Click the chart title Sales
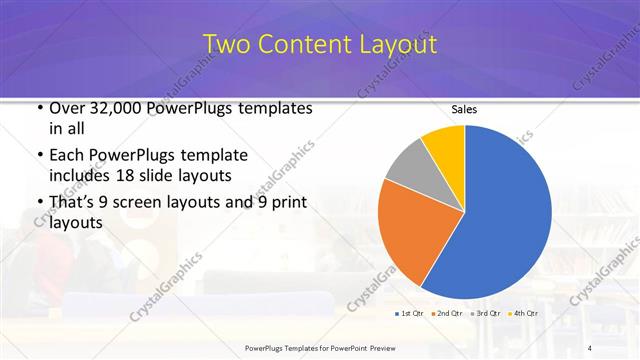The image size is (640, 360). (464, 108)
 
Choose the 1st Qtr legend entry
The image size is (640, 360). (411, 313)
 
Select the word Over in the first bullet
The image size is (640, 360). (67, 108)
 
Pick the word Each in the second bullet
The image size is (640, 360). (67, 156)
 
